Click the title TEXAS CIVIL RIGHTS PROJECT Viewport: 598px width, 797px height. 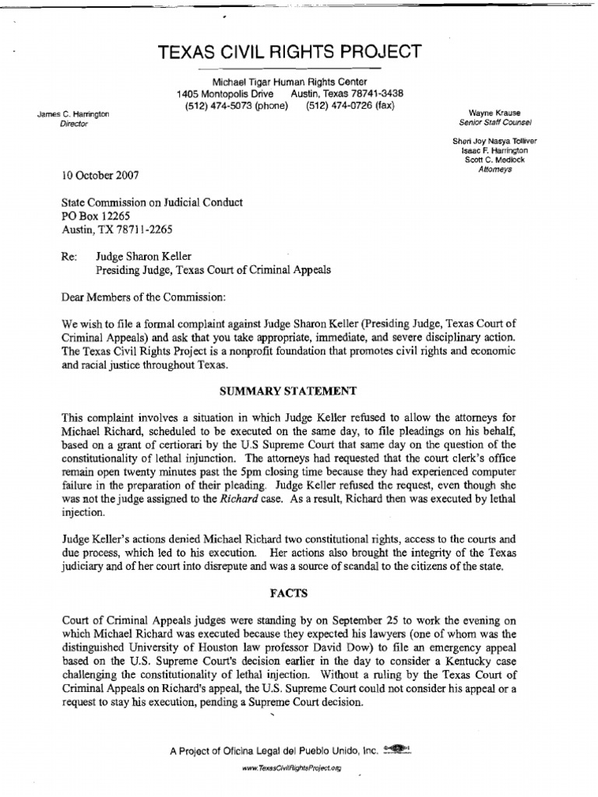click(290, 53)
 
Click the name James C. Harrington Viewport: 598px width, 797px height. click(75, 115)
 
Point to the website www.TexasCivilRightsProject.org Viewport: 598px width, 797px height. click(291, 767)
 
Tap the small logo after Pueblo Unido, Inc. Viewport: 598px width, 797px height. click(398, 750)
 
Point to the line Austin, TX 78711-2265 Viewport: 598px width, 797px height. click(116, 230)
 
